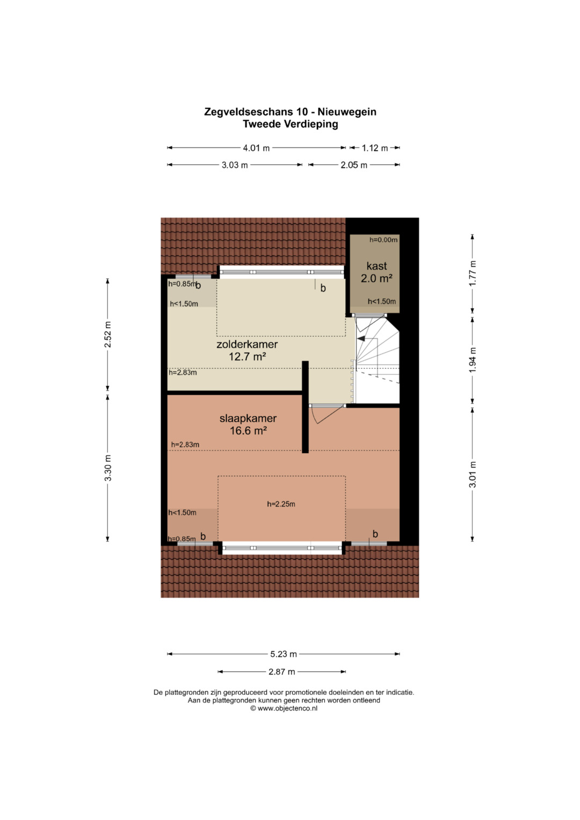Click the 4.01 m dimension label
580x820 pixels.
(256, 148)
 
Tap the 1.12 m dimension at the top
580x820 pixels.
(375, 148)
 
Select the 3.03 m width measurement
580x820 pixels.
(234, 165)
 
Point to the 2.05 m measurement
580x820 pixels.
(354, 165)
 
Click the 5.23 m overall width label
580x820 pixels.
(284, 654)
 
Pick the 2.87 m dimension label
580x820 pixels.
(281, 671)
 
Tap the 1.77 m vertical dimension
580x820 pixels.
(473, 273)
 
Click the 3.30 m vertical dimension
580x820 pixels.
(107, 468)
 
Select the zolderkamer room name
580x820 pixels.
(247, 344)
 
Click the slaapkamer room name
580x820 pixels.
(248, 418)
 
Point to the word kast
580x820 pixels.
(376, 266)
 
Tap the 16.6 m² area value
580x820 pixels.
(248, 431)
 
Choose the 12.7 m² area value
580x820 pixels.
(247, 356)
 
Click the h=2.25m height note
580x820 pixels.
(281, 504)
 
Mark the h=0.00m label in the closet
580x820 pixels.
(383, 240)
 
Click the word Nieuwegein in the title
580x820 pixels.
(347, 112)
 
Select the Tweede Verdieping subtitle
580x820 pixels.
(291, 124)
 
